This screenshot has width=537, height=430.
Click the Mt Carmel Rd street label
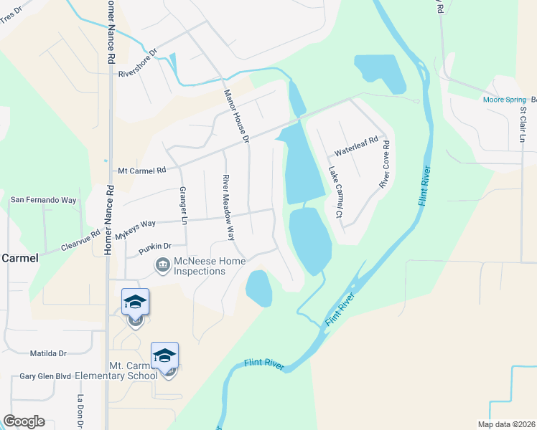[x=141, y=171]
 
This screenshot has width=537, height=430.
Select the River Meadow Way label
[x=228, y=206]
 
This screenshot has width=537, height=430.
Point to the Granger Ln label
[x=182, y=204]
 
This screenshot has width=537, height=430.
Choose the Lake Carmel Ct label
[x=335, y=192]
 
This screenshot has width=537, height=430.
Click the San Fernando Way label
[x=42, y=201]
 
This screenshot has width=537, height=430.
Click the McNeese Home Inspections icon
[x=162, y=267]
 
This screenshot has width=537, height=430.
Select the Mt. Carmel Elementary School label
[x=133, y=371]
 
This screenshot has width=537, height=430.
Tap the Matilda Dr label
[x=47, y=353]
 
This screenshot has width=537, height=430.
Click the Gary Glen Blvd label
[x=45, y=376]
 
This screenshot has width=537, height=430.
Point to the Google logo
[x=24, y=421]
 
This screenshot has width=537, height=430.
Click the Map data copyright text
[x=507, y=424]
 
